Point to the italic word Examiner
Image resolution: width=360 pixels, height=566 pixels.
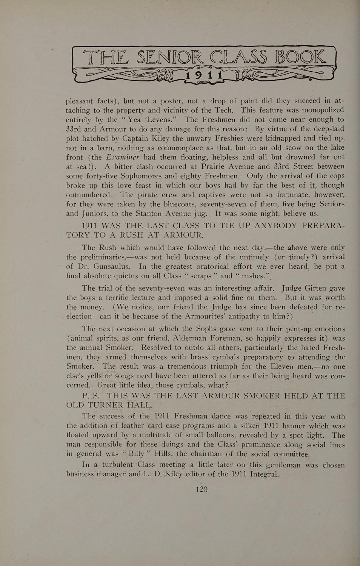coord(123,157)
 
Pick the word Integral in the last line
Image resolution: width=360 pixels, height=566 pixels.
coord(264,474)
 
